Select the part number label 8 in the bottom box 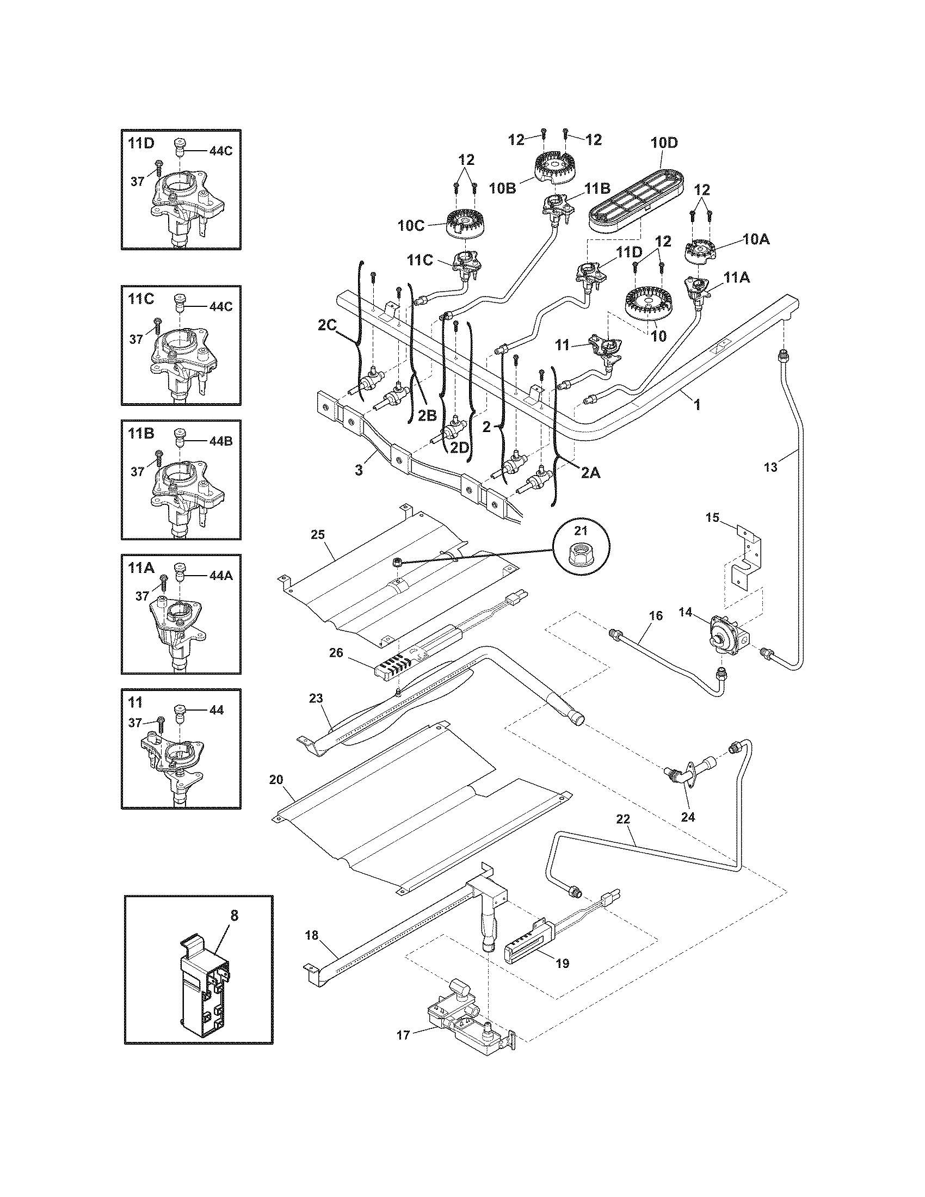tap(235, 915)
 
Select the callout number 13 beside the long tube tap(770, 467)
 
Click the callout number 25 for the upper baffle tap(318, 534)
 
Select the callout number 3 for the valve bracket tap(359, 470)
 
